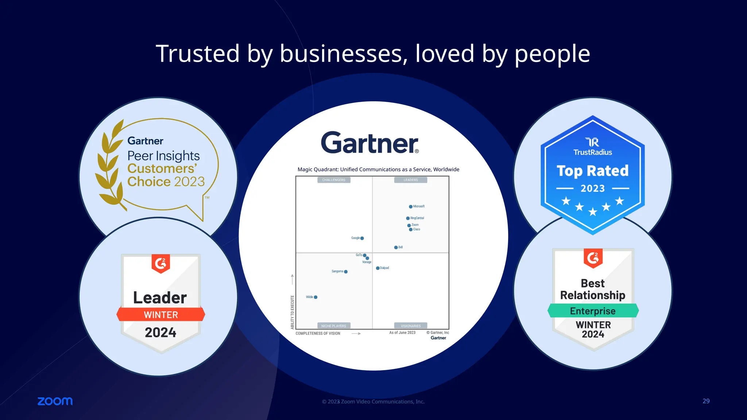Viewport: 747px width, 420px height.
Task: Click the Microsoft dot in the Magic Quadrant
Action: point(411,207)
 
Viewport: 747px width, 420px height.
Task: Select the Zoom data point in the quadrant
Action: point(409,226)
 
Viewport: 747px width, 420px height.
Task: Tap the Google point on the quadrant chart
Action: point(362,238)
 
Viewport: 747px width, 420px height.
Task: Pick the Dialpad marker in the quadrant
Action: point(378,268)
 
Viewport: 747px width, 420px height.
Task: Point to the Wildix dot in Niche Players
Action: point(316,297)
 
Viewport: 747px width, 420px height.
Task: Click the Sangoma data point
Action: point(346,272)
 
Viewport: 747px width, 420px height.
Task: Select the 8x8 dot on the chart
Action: point(396,248)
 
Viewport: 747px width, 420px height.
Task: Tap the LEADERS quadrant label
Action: point(410,180)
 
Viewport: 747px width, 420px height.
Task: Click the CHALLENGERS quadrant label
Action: point(333,180)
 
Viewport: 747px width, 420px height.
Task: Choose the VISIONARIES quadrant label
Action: point(410,326)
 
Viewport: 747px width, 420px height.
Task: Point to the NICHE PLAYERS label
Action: point(333,326)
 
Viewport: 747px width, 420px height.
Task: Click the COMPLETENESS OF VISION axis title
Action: point(318,333)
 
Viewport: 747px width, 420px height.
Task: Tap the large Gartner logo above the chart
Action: point(369,143)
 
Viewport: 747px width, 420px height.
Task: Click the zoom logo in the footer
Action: point(55,401)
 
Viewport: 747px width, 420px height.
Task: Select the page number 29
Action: point(706,401)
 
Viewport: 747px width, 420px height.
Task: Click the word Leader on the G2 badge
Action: point(160,297)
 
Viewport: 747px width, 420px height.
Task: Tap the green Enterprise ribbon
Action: point(593,311)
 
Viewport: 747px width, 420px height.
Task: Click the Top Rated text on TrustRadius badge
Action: point(592,171)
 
